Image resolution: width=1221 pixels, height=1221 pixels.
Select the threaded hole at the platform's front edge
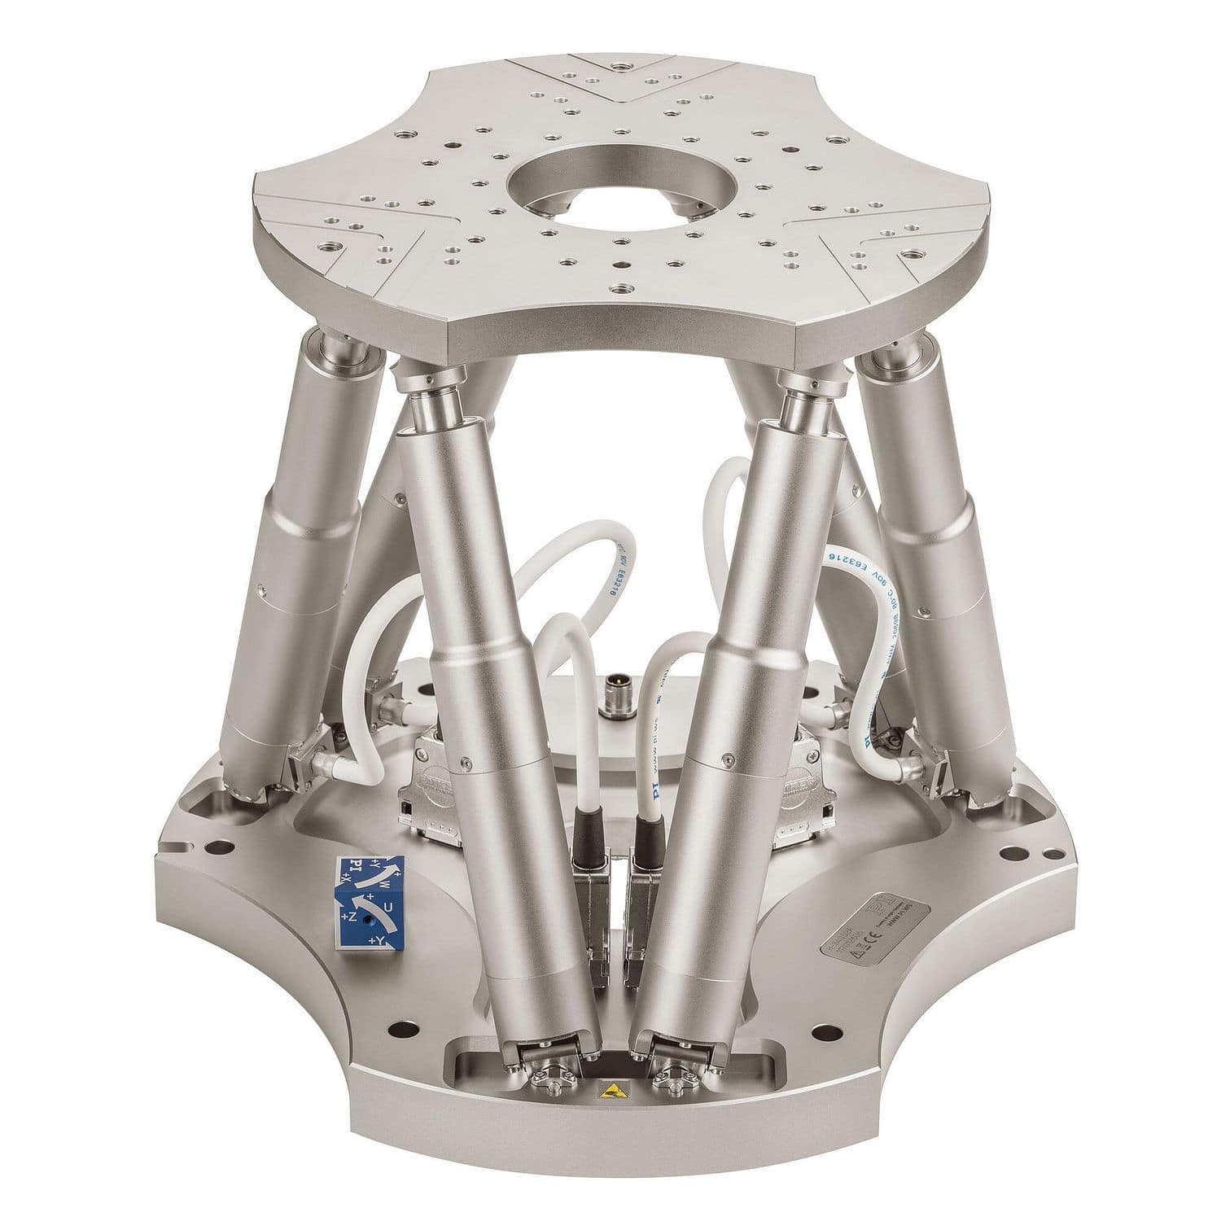621,288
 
